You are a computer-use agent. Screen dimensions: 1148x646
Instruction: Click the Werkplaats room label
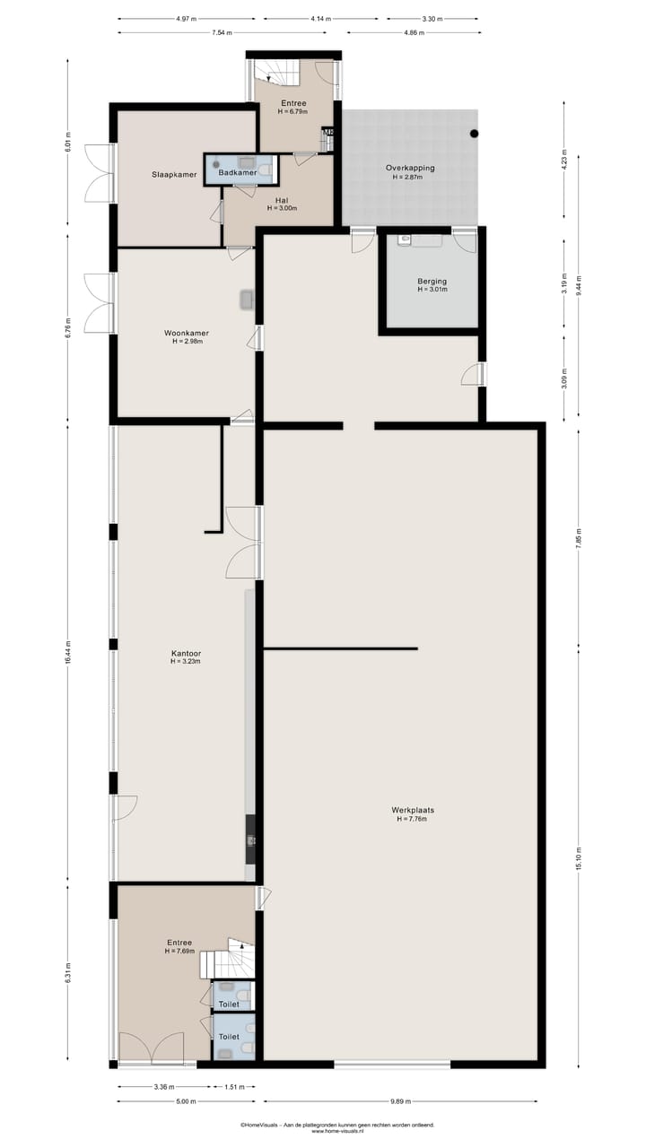[x=413, y=809]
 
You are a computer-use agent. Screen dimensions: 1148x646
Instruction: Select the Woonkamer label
[x=187, y=333]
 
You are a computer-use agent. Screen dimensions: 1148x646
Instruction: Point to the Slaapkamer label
[x=174, y=175]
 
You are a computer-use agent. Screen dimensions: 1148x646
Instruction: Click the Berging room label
[x=432, y=282]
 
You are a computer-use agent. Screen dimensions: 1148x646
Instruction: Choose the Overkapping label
[x=410, y=168]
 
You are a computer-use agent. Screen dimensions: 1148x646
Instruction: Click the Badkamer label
[x=238, y=172]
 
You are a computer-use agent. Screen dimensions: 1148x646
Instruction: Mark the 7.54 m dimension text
[x=222, y=33]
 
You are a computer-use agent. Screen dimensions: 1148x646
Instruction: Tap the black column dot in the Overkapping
[x=475, y=134]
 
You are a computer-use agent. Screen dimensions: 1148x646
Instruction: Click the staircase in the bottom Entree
[x=228, y=961]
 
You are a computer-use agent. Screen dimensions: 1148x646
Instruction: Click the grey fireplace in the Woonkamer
[x=247, y=300]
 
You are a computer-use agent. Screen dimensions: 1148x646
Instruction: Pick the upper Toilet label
[x=229, y=1004]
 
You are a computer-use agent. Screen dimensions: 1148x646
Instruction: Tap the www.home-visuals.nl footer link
[x=336, y=1131]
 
